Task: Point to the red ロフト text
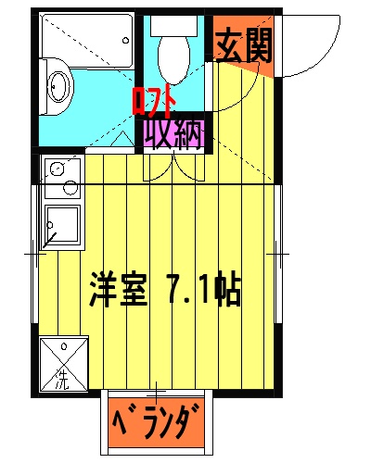pyautogui.click(x=148, y=98)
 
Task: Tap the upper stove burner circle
pyautogui.click(x=55, y=170)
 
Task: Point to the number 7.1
pyautogui.click(x=191, y=290)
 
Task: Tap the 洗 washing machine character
pyautogui.click(x=63, y=378)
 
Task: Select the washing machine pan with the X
pyautogui.click(x=63, y=363)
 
